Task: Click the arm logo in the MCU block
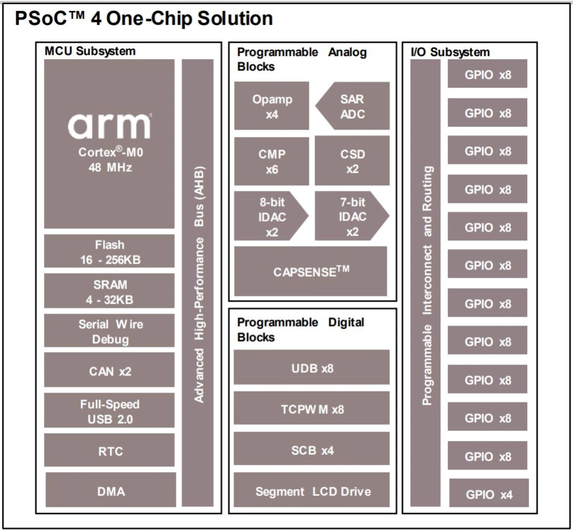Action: pyautogui.click(x=110, y=126)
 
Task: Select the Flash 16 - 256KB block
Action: pyautogui.click(x=109, y=252)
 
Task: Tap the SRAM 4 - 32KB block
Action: pyautogui.click(x=109, y=291)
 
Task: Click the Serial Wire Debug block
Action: pyautogui.click(x=109, y=331)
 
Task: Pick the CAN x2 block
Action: pyautogui.click(x=109, y=371)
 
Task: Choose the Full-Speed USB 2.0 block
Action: pyautogui.click(x=109, y=411)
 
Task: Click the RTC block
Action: pyautogui.click(x=109, y=451)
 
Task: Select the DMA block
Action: pyautogui.click(x=111, y=491)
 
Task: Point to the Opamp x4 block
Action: pyautogui.click(x=272, y=107)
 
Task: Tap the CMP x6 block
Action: pyautogui.click(x=272, y=161)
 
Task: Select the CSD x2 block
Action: pyautogui.click(x=352, y=161)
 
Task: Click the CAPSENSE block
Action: pyautogui.click(x=311, y=271)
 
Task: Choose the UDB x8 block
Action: pyautogui.click(x=312, y=368)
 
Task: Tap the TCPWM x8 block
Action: pyautogui.click(x=312, y=409)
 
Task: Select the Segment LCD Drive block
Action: pyautogui.click(x=312, y=491)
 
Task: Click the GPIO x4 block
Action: pyautogui.click(x=489, y=494)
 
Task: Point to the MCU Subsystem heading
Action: pyautogui.click(x=90, y=51)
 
